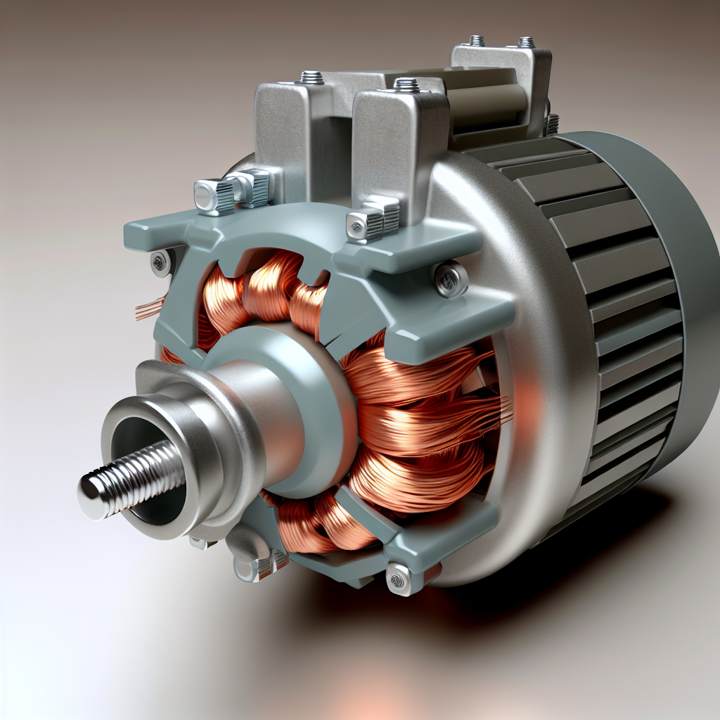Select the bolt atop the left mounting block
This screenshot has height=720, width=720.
click(311, 77)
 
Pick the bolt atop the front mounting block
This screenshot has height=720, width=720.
click(406, 85)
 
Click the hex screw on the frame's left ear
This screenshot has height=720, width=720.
click(160, 263)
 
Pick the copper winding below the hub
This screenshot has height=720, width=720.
click(316, 524)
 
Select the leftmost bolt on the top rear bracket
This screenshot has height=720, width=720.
click(476, 40)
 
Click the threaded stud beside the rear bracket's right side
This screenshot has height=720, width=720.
click(553, 124)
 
